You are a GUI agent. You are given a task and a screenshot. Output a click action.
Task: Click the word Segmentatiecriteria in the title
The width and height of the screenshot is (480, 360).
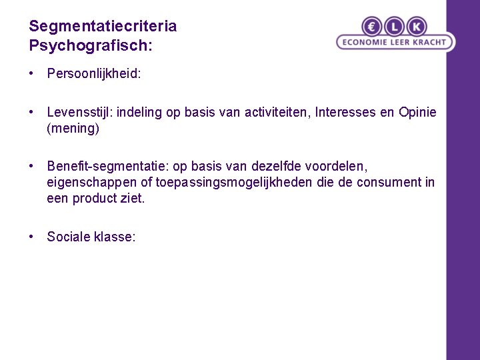pos(103,27)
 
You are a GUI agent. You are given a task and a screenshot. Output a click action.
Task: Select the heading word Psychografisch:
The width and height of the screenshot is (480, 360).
pos(91,46)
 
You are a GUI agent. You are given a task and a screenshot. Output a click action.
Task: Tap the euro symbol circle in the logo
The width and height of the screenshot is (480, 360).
pos(372,27)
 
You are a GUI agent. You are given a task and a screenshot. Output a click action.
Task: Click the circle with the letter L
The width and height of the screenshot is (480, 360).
pos(394,27)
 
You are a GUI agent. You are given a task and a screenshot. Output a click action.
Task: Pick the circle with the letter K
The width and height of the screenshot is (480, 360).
pos(416,27)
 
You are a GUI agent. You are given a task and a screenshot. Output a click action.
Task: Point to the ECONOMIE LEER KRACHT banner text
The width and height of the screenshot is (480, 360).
pos(395,43)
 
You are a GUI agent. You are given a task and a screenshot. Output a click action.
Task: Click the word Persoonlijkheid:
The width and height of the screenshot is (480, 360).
pos(94,74)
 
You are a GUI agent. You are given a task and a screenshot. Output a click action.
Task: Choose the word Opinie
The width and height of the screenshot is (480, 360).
pos(417,113)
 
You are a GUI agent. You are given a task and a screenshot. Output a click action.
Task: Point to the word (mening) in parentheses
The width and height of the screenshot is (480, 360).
pos(73,129)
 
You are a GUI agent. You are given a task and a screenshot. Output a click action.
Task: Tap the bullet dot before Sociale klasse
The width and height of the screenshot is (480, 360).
pos(32,237)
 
